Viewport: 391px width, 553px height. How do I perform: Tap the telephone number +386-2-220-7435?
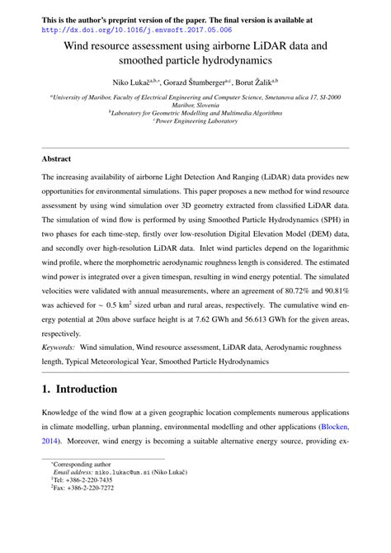click(x=86, y=478)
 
